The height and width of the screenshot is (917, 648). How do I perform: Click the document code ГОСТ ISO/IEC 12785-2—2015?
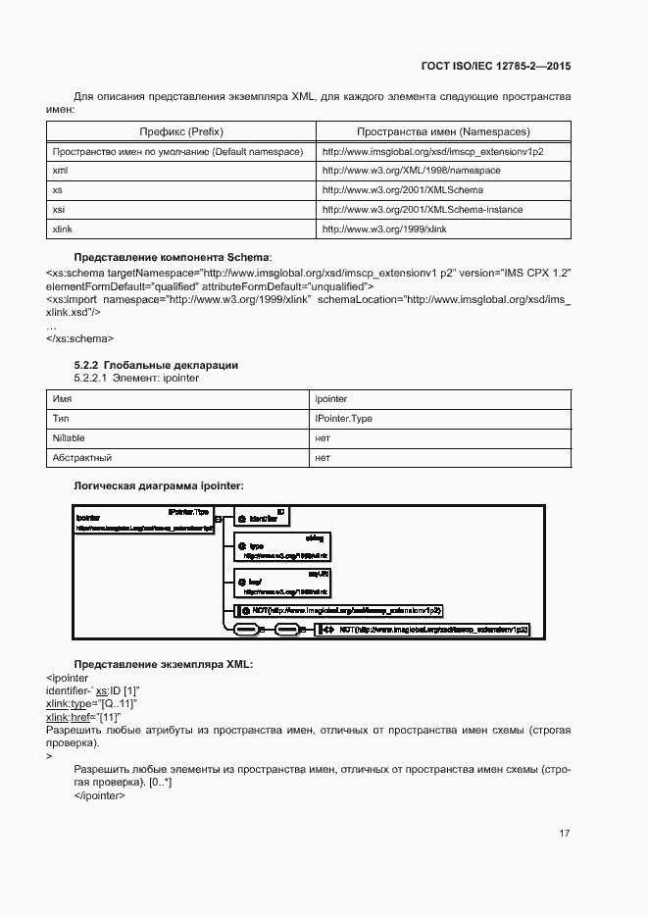click(x=497, y=67)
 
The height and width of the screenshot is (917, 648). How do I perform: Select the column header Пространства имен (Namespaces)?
click(x=443, y=131)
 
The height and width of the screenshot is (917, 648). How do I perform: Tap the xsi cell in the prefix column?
click(x=58, y=209)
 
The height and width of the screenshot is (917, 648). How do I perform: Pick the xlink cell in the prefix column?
click(x=61, y=229)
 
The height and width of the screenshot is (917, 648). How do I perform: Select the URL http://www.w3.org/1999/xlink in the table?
click(x=384, y=229)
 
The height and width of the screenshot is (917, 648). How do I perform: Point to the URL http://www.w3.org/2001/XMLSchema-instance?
click(x=423, y=209)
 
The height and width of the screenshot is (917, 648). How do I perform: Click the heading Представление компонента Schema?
click(x=174, y=256)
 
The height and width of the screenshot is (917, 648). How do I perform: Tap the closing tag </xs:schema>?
click(x=79, y=338)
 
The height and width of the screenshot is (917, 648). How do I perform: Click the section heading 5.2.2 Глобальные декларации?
click(x=156, y=365)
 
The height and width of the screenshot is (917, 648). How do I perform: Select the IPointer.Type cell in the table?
click(x=343, y=419)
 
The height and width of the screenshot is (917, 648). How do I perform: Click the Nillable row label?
click(x=68, y=438)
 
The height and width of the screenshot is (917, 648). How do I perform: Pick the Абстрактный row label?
click(x=81, y=458)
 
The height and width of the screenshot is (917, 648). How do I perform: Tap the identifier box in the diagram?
click(x=260, y=517)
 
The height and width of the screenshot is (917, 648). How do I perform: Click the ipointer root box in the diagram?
click(x=143, y=519)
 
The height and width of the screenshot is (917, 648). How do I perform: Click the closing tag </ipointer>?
click(x=99, y=795)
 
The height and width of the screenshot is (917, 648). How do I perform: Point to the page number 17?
click(x=565, y=834)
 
